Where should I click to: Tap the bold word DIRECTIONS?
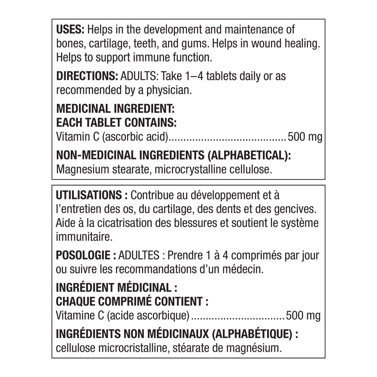click(87, 76)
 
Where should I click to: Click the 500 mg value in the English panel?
click(305, 137)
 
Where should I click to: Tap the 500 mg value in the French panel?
click(303, 315)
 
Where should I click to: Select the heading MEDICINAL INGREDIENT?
click(115, 109)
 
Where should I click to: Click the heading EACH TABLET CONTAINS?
click(116, 123)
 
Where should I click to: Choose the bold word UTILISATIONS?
click(89, 195)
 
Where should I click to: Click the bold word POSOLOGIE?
click(83, 255)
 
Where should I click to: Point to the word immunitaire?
click(84, 237)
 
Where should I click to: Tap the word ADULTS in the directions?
click(139, 76)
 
